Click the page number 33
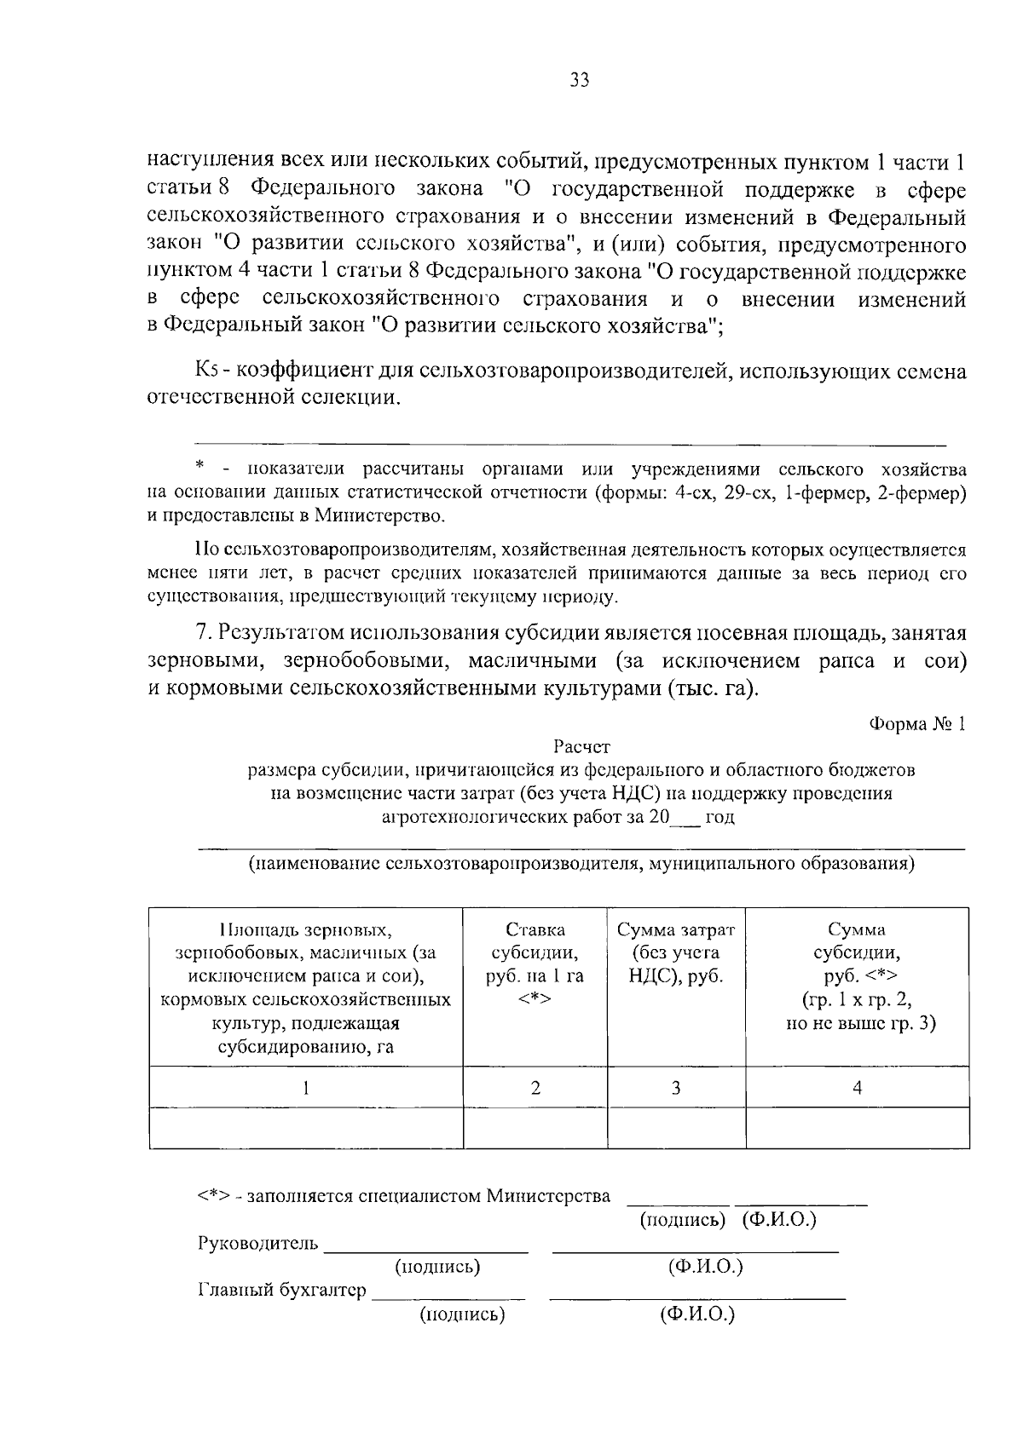point(580,81)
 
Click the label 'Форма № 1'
point(917,724)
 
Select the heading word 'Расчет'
point(581,747)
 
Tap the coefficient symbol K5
point(209,371)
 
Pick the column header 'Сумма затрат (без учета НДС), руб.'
point(676,952)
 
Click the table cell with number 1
point(306,1087)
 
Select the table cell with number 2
point(535,1087)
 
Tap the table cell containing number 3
point(676,1087)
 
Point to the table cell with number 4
point(857,1087)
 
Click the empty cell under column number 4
point(857,1128)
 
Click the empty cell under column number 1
point(306,1128)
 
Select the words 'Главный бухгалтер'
point(282,1290)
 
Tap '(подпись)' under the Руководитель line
point(437,1267)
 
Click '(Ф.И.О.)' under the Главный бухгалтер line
point(697,1314)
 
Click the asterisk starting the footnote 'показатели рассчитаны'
point(200,466)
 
